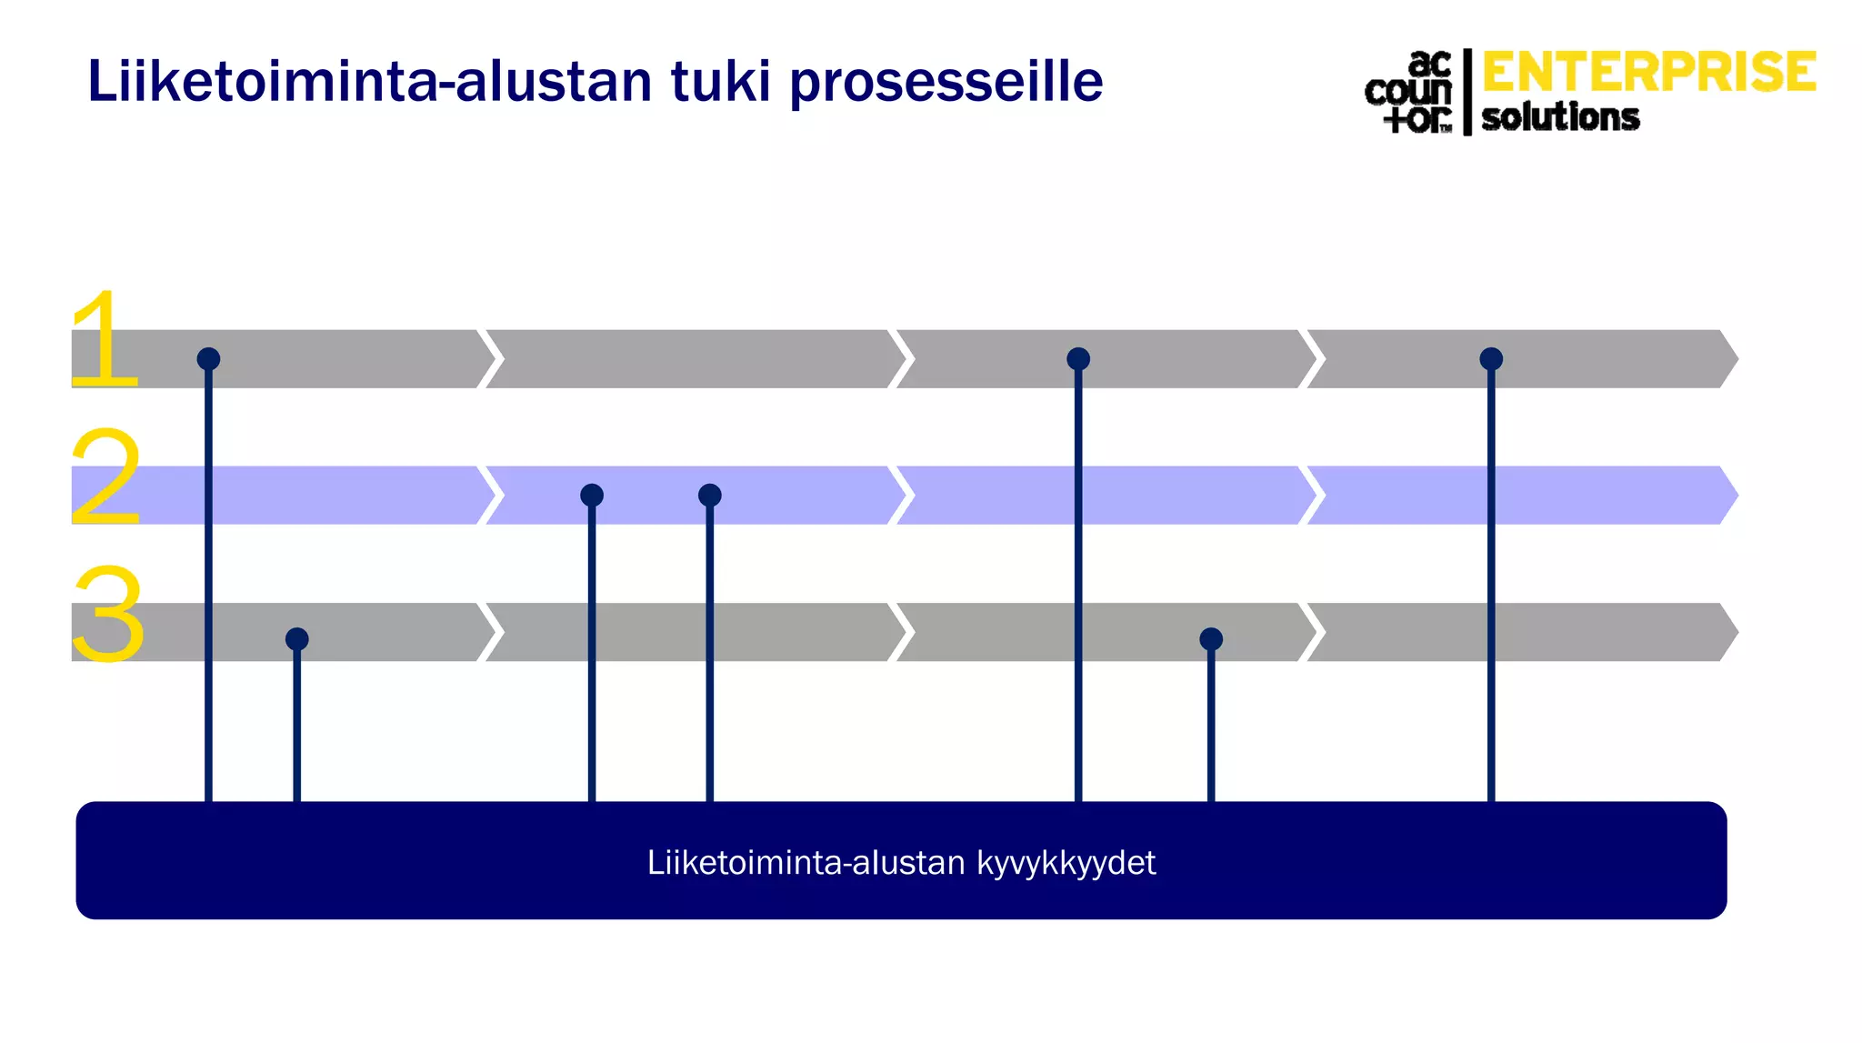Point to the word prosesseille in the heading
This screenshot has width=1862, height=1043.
click(x=946, y=84)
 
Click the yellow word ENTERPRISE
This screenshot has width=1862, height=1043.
click(x=1648, y=73)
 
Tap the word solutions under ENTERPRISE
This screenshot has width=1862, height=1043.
click(x=1560, y=117)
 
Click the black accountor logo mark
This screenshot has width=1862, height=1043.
click(x=1409, y=92)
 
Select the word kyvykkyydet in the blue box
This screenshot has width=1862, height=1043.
click(x=1066, y=862)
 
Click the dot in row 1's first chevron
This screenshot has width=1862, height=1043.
click(x=208, y=359)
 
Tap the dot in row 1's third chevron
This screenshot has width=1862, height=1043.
click(x=1078, y=359)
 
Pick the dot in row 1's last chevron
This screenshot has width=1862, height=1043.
click(x=1491, y=359)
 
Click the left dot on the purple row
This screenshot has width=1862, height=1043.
click(x=592, y=496)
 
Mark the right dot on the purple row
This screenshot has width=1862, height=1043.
click(x=710, y=496)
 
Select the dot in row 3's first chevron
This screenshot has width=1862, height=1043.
click(x=297, y=639)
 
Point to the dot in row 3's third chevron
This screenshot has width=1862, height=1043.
click(x=1211, y=639)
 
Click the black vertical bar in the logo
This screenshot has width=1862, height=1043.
click(x=1467, y=92)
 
